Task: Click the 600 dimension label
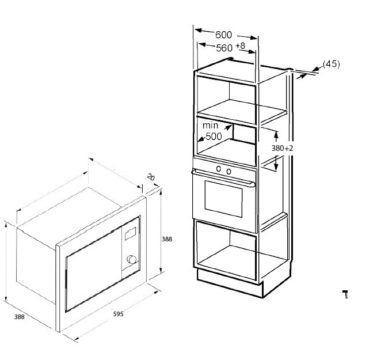223,35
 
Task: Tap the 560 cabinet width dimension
224,48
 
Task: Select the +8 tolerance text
241,46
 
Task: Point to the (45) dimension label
332,64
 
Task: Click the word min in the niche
211,126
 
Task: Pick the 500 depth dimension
214,137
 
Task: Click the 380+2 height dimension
283,148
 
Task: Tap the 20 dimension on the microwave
151,177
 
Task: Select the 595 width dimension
119,314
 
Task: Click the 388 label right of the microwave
167,239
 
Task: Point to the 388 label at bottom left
19,317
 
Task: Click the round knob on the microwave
131,259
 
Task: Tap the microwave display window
130,234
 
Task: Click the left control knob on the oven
219,169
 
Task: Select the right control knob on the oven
229,171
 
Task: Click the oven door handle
223,177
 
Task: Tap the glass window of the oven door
223,199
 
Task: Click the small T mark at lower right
345,294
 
